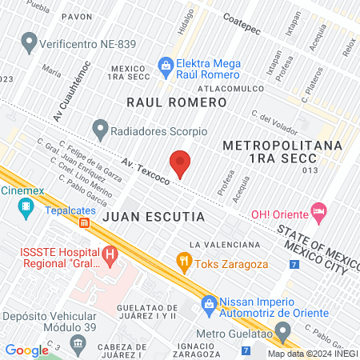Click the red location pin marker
181,162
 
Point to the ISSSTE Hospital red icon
111,257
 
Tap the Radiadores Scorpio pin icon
100,128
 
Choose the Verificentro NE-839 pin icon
30,39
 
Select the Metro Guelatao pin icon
282,332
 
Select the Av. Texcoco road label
146,170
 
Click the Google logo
26,350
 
